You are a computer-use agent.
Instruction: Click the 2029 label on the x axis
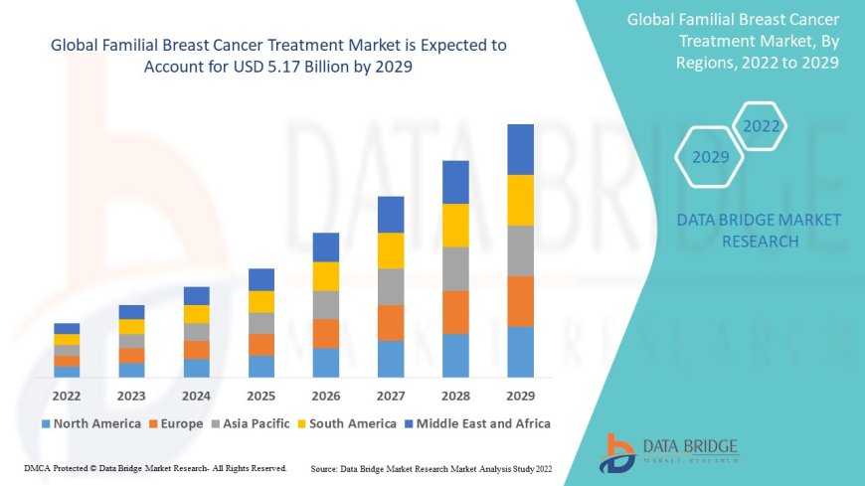click(520, 396)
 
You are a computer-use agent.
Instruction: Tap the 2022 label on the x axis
click(67, 396)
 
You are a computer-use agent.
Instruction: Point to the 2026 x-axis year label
click(326, 396)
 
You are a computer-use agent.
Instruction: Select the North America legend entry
click(89, 423)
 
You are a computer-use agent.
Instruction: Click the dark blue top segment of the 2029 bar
click(520, 149)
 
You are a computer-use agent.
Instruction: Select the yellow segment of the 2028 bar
click(455, 225)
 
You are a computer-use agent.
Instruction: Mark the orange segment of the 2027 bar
click(391, 322)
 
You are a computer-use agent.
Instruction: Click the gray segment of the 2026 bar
click(326, 304)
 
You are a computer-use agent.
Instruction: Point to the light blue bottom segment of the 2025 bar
click(261, 366)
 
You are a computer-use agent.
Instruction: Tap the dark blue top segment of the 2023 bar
click(131, 312)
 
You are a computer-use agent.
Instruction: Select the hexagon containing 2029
click(710, 157)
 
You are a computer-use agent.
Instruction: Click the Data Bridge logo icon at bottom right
click(617, 451)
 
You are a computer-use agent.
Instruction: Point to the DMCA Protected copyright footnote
click(155, 468)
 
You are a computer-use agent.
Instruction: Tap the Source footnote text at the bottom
click(431, 468)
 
